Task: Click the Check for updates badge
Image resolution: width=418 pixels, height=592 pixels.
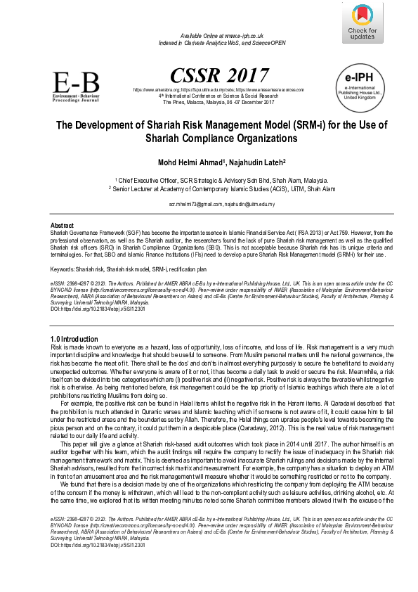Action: [362, 22]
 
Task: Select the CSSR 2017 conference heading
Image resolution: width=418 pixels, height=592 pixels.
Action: [209, 75]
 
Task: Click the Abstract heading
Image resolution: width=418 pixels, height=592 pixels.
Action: [63, 225]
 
